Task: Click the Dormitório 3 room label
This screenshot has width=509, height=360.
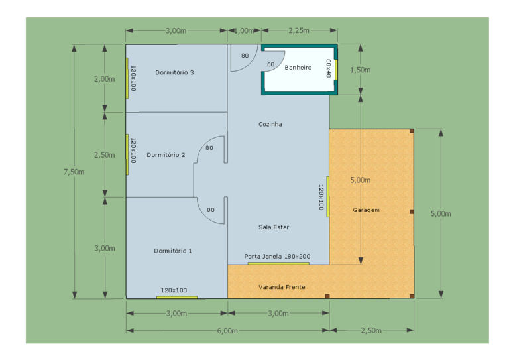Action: point(174,72)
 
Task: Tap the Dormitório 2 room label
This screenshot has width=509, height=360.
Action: point(166,155)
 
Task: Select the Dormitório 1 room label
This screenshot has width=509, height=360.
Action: point(173,251)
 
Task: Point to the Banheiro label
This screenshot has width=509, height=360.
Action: point(298,68)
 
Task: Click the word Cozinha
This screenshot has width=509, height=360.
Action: point(270,124)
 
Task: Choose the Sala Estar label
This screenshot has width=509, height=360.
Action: point(274,227)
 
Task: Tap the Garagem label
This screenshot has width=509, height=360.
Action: point(366,210)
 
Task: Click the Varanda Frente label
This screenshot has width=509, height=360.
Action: point(282,287)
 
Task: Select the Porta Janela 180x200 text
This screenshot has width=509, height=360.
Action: point(277,257)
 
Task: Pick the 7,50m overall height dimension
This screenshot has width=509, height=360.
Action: point(74,172)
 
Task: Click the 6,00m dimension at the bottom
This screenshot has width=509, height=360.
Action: point(227,331)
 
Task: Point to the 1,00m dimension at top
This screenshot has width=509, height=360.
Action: point(244,31)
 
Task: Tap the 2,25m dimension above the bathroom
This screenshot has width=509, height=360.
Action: point(299,30)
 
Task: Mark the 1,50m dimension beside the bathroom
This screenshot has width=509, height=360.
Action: point(361,70)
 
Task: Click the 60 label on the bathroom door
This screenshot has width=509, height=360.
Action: point(270,64)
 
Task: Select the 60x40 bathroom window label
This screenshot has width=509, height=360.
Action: point(328,68)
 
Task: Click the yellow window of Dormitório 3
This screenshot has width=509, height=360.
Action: point(127,78)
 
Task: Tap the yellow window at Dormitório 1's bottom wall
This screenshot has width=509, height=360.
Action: point(177,298)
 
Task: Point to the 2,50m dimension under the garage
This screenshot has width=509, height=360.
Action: point(371,330)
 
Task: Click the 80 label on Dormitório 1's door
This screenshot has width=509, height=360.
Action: point(211,210)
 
